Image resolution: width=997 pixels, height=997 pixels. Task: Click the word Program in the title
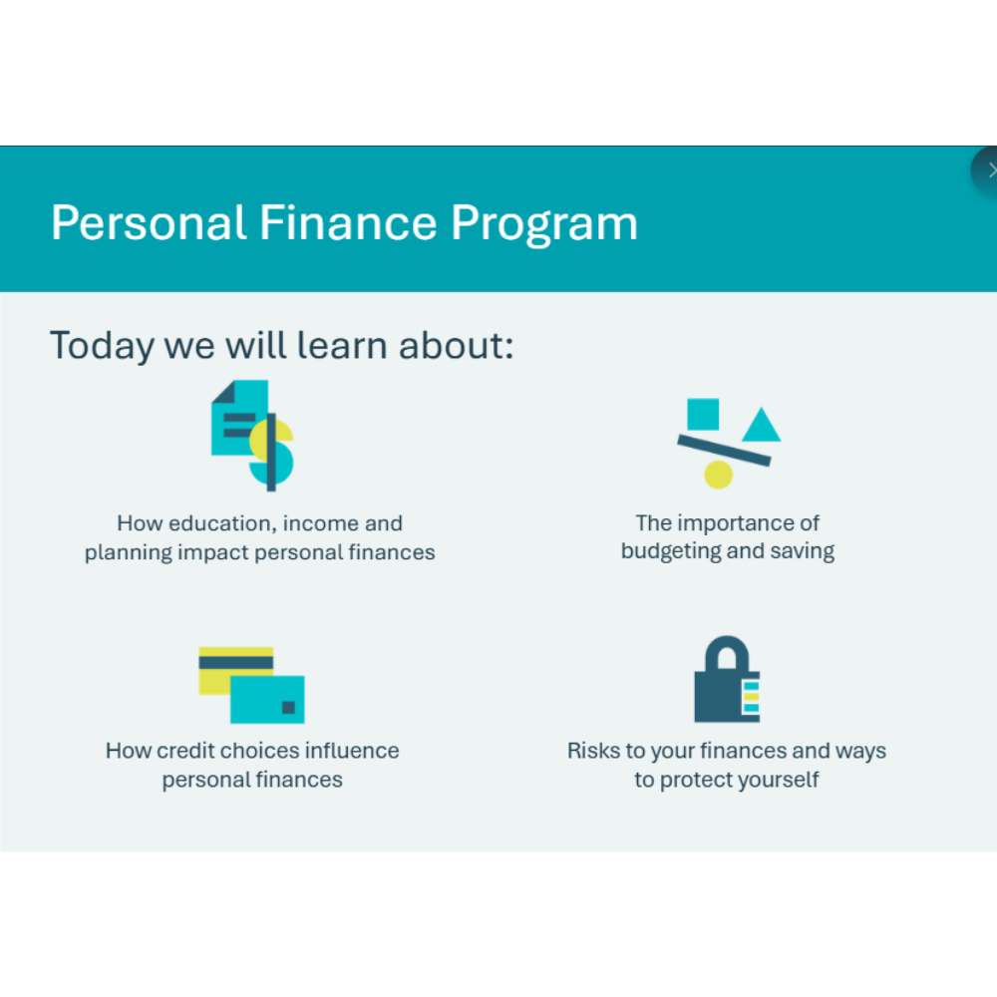pyautogui.click(x=544, y=224)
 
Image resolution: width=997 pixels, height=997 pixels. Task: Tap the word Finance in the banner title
pyautogui.click(x=348, y=222)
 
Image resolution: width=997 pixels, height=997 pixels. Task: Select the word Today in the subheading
pyautogui.click(x=103, y=347)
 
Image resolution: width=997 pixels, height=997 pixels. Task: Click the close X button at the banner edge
pyautogui.click(x=987, y=170)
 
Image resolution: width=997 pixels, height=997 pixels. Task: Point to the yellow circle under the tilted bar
pyautogui.click(x=719, y=475)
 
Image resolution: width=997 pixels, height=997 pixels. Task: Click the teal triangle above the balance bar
pyautogui.click(x=761, y=425)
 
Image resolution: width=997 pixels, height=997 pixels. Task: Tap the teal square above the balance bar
pyautogui.click(x=703, y=415)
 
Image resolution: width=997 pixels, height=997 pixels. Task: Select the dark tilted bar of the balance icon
pyautogui.click(x=724, y=451)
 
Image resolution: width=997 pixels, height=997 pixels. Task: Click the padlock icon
pyautogui.click(x=727, y=679)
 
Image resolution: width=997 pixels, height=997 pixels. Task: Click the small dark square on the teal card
pyautogui.click(x=288, y=707)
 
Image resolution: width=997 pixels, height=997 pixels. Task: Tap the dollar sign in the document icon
pyautogui.click(x=271, y=452)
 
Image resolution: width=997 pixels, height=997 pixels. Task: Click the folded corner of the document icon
pyautogui.click(x=223, y=392)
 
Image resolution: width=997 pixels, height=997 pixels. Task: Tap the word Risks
pyautogui.click(x=594, y=751)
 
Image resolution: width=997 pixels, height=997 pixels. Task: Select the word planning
pyautogui.click(x=129, y=553)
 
